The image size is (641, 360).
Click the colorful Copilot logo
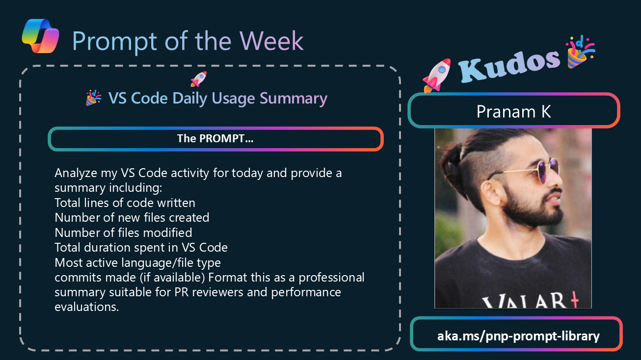(41, 36)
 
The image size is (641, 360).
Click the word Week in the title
(271, 41)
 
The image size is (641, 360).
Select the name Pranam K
(514, 111)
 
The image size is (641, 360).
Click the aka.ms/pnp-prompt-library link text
(518, 335)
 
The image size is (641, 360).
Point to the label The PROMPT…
(215, 138)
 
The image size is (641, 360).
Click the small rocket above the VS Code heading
(199, 79)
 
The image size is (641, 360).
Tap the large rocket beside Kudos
(437, 76)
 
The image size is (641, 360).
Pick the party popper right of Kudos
(580, 52)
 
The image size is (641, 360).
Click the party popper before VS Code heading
(94, 98)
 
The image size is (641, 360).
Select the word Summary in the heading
(294, 99)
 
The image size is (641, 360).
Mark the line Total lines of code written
(125, 203)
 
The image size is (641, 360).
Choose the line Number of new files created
(132, 218)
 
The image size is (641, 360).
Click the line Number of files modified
(123, 232)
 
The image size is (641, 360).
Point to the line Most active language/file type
(137, 262)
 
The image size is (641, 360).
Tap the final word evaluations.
(87, 307)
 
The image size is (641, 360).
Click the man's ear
(493, 194)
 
